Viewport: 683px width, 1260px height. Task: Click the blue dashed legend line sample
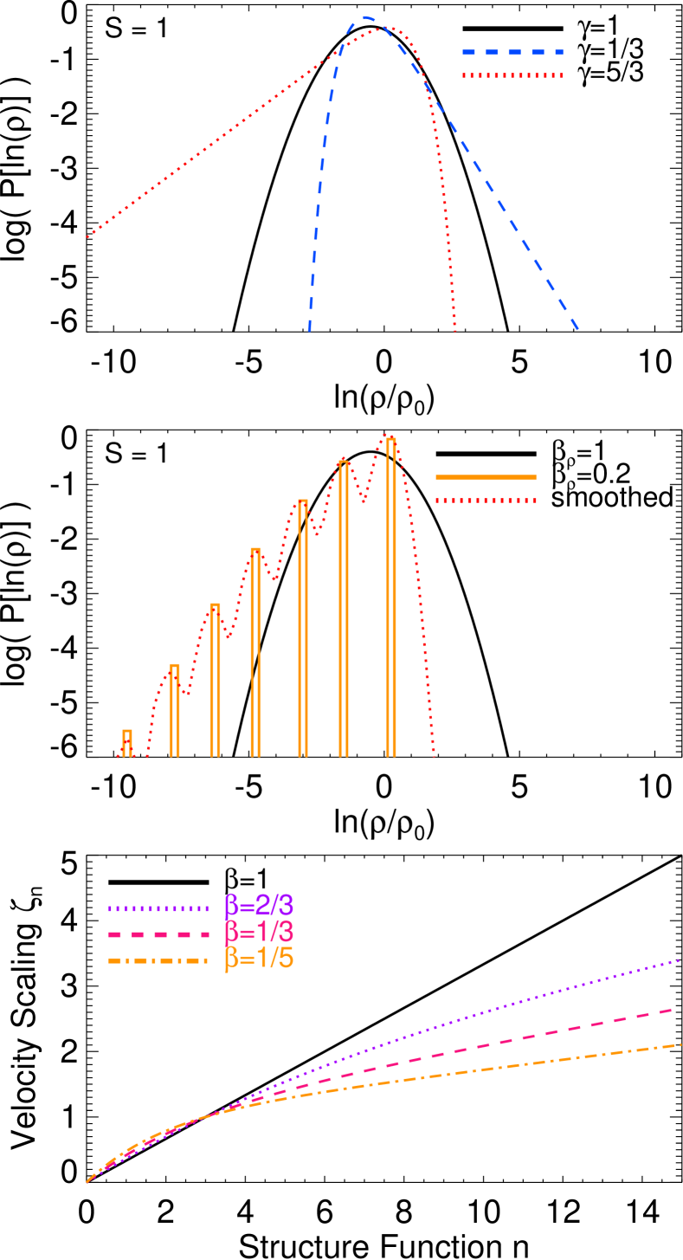[x=512, y=53]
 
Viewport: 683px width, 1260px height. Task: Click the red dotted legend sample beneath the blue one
[x=512, y=76]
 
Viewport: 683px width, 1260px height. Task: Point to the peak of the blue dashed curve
[x=367, y=17]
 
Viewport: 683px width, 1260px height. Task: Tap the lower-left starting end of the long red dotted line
[x=88, y=236]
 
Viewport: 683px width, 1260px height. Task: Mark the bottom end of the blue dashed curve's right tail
[x=577, y=329]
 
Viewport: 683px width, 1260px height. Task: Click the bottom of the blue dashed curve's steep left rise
[x=309, y=329]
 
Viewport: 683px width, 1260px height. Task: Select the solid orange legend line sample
[x=486, y=477]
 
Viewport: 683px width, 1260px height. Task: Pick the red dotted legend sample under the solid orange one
[x=486, y=501]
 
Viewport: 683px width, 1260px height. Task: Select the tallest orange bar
[x=391, y=598]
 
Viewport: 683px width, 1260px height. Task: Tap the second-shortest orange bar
[x=175, y=710]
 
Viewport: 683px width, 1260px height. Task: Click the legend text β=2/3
[x=259, y=906]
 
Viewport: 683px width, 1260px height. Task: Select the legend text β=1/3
[x=259, y=933]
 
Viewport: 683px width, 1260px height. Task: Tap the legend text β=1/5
[x=259, y=959]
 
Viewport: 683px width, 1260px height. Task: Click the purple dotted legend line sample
[x=158, y=909]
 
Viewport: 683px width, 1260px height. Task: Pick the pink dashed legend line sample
[x=158, y=935]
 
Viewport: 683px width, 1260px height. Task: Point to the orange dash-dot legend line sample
[x=158, y=961]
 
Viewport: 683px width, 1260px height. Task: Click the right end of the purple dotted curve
[x=680, y=960]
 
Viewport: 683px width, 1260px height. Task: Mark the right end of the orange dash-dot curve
[x=680, y=1045]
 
